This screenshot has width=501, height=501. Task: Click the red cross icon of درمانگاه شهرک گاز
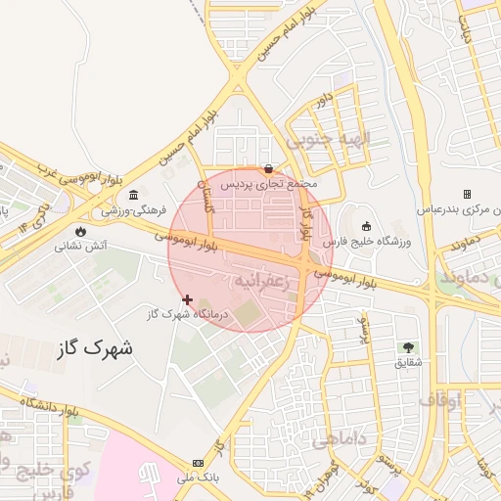coord(187,298)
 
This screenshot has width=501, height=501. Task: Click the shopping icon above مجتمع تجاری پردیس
coord(269,168)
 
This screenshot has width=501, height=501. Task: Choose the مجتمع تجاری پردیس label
coord(269,183)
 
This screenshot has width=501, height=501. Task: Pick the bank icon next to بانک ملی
coord(199,463)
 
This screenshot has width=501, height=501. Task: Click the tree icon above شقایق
coord(408,347)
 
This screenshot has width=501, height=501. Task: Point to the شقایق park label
coord(408,362)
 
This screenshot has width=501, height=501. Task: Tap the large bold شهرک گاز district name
coord(96,347)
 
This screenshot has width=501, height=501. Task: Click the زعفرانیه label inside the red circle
coord(263,281)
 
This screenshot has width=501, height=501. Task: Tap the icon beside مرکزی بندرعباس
coord(467,194)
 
